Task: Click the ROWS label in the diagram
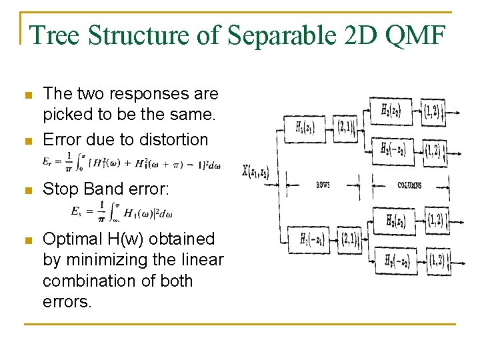[x=323, y=185]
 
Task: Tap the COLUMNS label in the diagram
[x=409, y=185]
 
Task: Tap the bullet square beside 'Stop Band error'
[x=27, y=190]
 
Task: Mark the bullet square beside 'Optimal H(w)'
[x=27, y=239]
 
